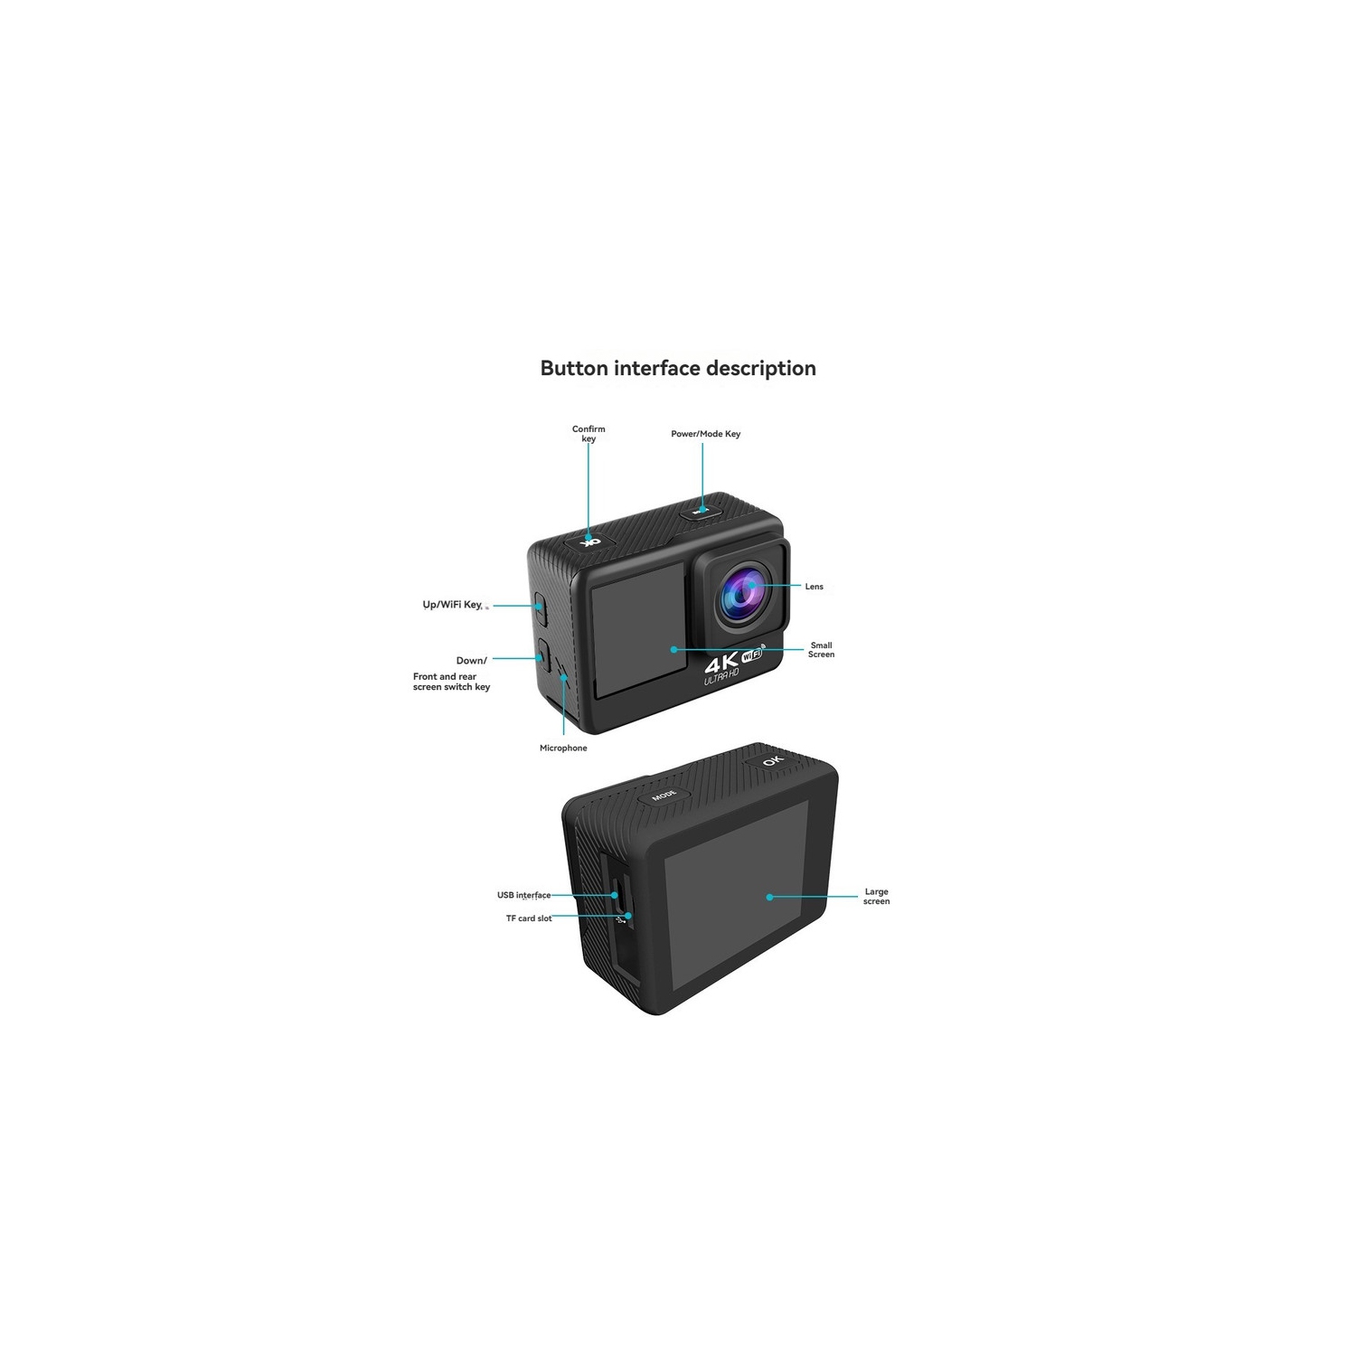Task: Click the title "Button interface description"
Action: pos(678,369)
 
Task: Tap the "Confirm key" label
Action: pos(589,434)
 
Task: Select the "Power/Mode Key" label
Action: pos(705,434)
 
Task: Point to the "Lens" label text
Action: pos(815,587)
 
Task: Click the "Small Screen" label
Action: pos(821,650)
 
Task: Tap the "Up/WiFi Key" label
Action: pos(453,605)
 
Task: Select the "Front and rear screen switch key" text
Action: pos(451,682)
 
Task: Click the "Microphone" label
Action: pos(563,749)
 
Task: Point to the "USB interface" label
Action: pos(523,895)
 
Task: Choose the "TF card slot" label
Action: pos(529,918)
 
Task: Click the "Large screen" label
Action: pos(876,897)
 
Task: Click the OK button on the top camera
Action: pos(589,541)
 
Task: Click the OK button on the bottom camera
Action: pos(773,759)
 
